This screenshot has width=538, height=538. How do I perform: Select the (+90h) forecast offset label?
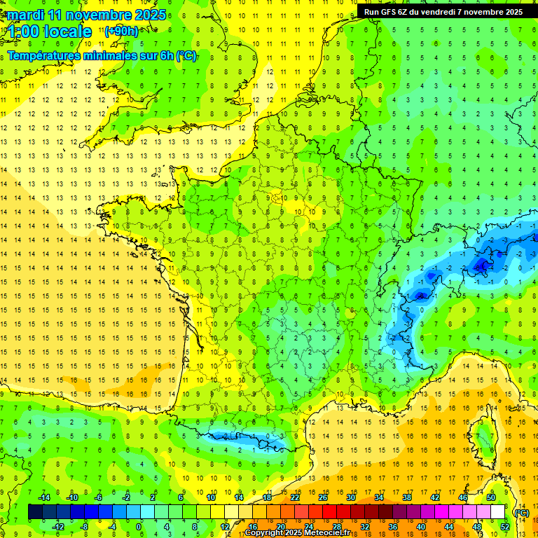121,32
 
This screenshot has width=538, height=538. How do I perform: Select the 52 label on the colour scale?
504,527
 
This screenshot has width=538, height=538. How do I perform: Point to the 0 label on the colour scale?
138,527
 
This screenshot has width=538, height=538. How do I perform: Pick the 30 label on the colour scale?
350,497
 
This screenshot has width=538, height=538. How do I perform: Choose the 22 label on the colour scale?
295,497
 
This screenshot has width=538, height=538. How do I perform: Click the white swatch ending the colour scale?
497,512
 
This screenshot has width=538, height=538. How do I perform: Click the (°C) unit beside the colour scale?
521,513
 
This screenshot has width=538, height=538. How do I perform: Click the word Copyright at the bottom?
264,533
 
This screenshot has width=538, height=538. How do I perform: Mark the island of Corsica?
483,438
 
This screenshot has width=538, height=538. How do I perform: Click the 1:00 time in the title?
22,32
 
